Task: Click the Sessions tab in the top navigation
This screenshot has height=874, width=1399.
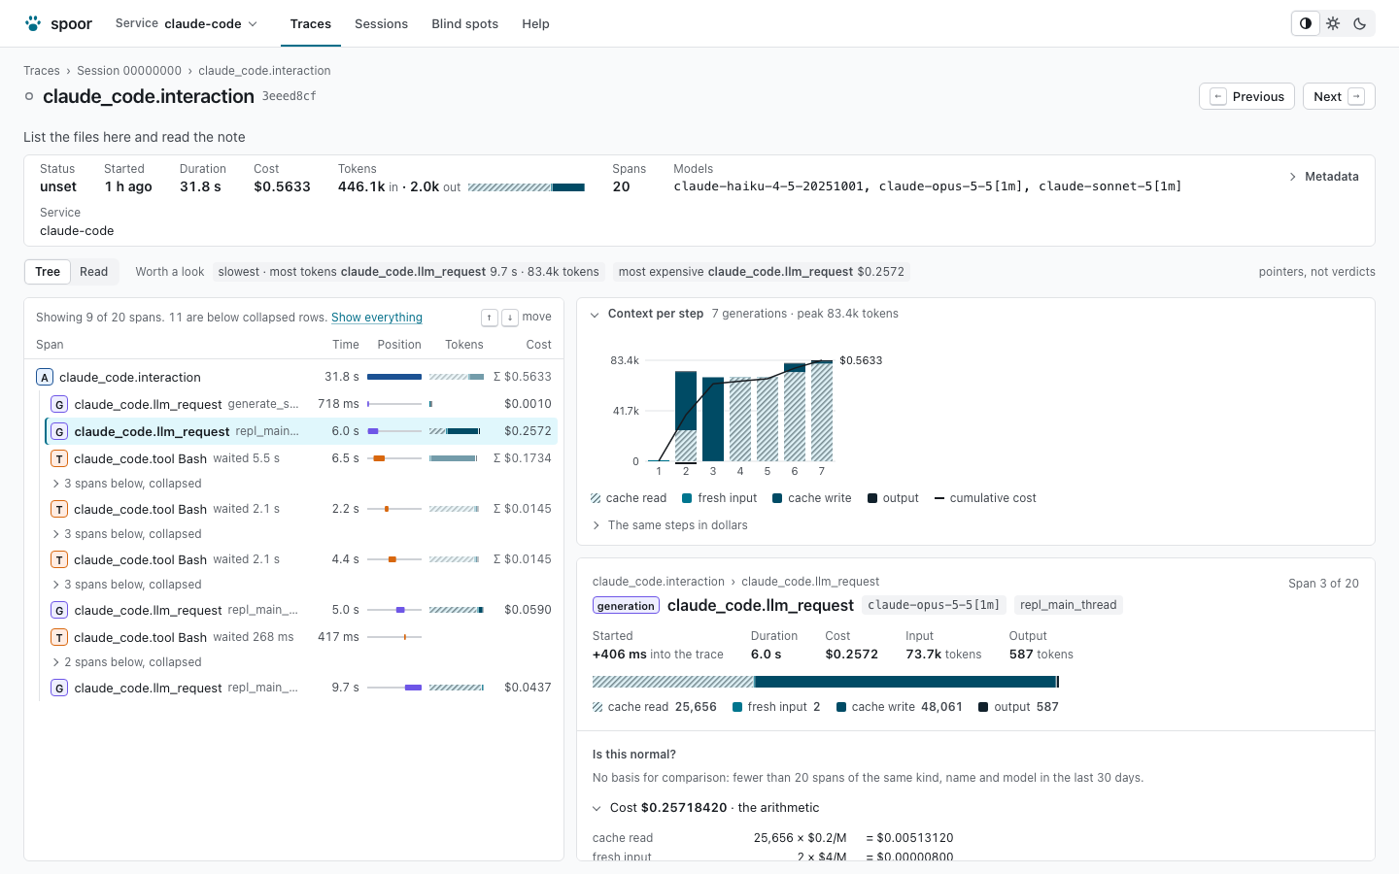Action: (x=381, y=23)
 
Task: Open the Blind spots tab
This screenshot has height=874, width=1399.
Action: (x=464, y=23)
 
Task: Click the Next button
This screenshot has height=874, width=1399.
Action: (x=1339, y=96)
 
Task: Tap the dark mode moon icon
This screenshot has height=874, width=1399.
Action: (x=1360, y=23)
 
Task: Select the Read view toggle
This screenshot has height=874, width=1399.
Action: (x=93, y=272)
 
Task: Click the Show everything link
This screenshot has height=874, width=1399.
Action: (x=377, y=318)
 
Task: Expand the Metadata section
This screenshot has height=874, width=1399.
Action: (x=1324, y=177)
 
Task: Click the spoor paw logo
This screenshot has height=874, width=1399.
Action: (x=33, y=23)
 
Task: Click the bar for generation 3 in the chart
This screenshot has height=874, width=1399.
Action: (x=713, y=419)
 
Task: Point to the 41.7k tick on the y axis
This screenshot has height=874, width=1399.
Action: (x=626, y=411)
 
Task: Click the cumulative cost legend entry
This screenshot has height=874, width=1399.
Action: (x=985, y=498)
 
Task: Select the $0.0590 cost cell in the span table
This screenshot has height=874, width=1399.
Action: (x=528, y=609)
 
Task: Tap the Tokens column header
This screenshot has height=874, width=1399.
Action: (x=464, y=345)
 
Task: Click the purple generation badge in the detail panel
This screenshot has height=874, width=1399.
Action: (x=626, y=606)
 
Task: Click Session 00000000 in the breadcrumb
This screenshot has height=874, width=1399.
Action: (x=129, y=71)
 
